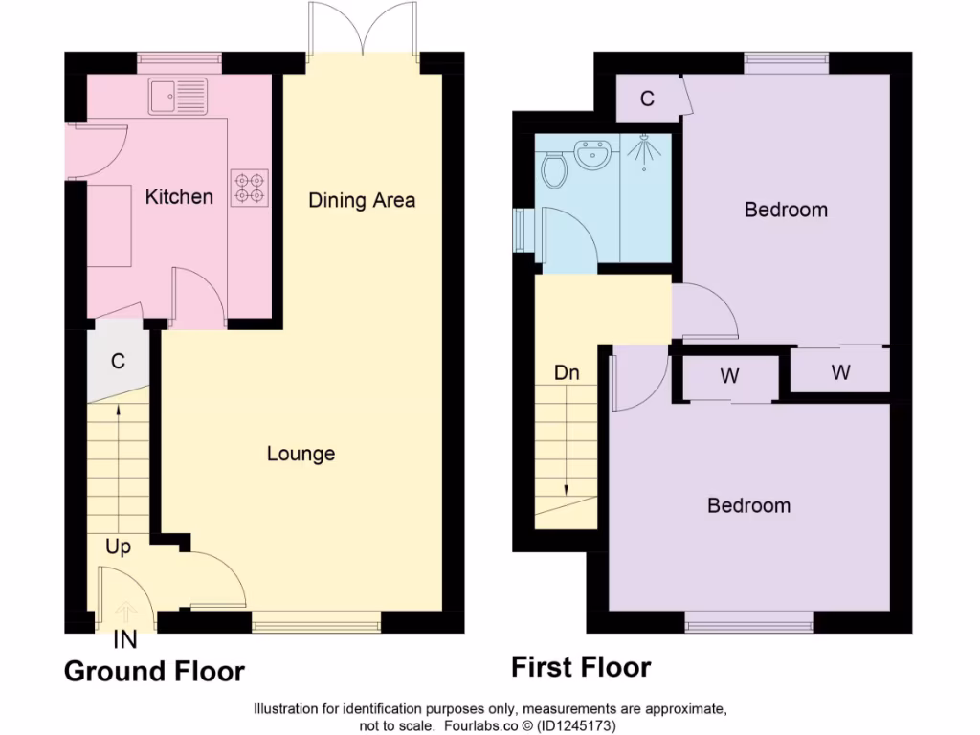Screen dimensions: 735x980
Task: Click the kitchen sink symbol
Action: pos(178,96)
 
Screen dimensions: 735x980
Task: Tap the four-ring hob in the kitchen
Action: pos(249,187)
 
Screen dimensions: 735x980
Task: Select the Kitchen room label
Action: pos(179,197)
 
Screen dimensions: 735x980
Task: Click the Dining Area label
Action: pos(362,200)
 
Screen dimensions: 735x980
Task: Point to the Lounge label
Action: pos(301,454)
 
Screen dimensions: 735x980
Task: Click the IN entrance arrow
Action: pos(124,613)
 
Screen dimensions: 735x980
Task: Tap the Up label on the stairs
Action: pos(119,547)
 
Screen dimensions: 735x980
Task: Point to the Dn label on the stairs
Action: pos(567,372)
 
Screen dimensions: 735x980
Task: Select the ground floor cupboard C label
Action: pos(118,362)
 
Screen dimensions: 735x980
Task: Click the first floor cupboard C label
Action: pos(647,99)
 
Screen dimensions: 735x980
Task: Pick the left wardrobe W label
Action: pos(729,376)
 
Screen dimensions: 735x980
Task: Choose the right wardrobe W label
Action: pos(840,372)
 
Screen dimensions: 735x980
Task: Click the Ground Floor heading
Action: pos(154,672)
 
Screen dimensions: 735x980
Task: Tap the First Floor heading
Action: pos(581,667)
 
